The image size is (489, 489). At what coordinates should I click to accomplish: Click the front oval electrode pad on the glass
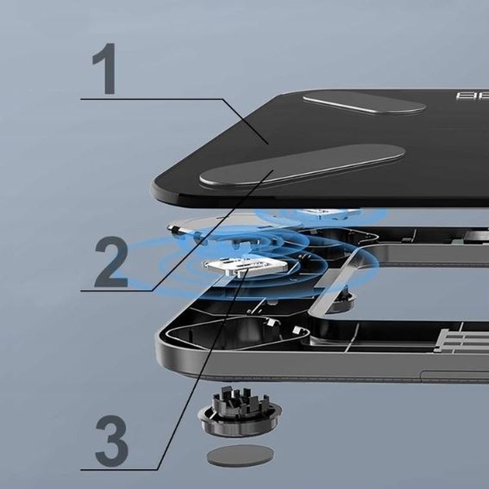pyautogui.click(x=302, y=165)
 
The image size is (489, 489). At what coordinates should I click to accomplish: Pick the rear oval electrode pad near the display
pyautogui.click(x=364, y=103)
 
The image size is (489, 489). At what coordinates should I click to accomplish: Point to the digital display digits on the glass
pyautogui.click(x=472, y=96)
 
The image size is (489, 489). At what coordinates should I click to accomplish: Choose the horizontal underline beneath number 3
pyautogui.click(x=119, y=470)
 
